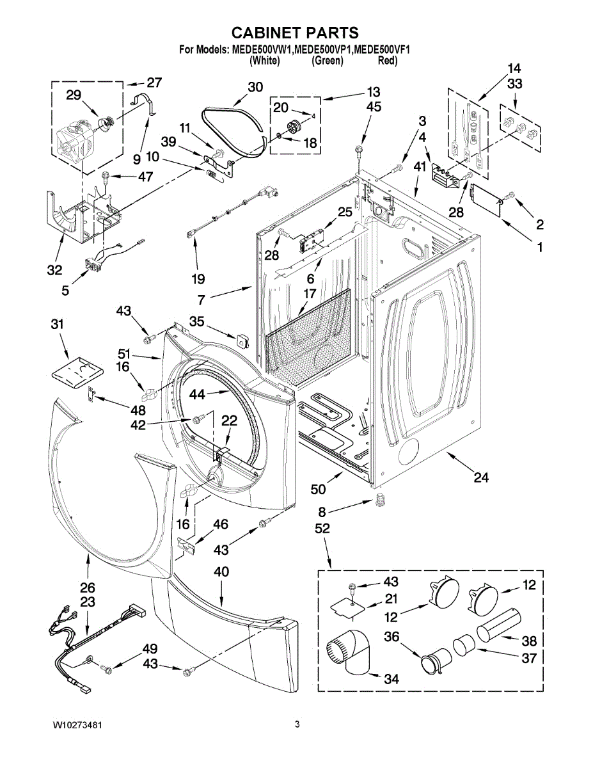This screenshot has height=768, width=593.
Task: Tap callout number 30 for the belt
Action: [x=255, y=88]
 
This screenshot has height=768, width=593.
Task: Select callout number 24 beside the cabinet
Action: [x=480, y=477]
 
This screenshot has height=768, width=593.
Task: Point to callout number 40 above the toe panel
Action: [x=221, y=572]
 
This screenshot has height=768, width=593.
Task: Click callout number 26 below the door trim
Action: [x=88, y=588]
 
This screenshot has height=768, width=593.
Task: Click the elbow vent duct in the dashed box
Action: [x=351, y=653]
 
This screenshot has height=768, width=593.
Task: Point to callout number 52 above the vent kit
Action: [x=322, y=529]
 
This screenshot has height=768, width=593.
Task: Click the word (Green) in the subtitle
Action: [x=328, y=61]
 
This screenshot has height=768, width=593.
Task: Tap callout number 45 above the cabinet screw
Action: [x=374, y=107]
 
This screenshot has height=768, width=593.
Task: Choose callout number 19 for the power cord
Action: [x=197, y=278]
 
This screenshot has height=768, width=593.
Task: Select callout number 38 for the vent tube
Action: [x=528, y=641]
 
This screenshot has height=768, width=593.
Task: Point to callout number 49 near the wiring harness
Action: [x=150, y=648]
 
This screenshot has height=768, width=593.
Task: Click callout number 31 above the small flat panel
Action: [x=58, y=325]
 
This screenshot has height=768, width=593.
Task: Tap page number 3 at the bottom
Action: [x=297, y=724]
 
